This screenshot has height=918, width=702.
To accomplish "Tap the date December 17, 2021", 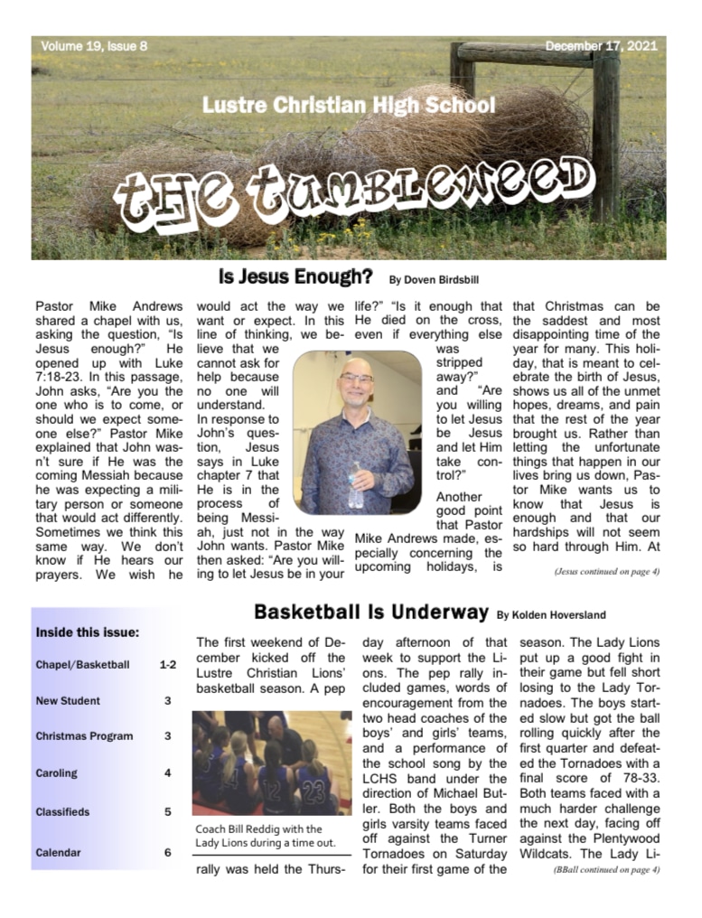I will point(602,45).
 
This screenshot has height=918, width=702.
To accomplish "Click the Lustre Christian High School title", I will point(349,105).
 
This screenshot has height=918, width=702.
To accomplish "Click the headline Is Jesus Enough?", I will point(295,276).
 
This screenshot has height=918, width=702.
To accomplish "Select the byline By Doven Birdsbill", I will point(433,279).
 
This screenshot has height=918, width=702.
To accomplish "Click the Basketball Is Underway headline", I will point(370,612).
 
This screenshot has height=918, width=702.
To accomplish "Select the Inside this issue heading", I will point(88,632).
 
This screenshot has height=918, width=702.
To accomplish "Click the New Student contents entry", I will point(68,700).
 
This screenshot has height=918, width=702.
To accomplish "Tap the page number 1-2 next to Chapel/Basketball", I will point(167,664).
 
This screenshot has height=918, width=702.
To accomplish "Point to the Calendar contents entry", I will point(59,852).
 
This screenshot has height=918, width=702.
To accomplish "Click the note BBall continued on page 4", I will point(606,869).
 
